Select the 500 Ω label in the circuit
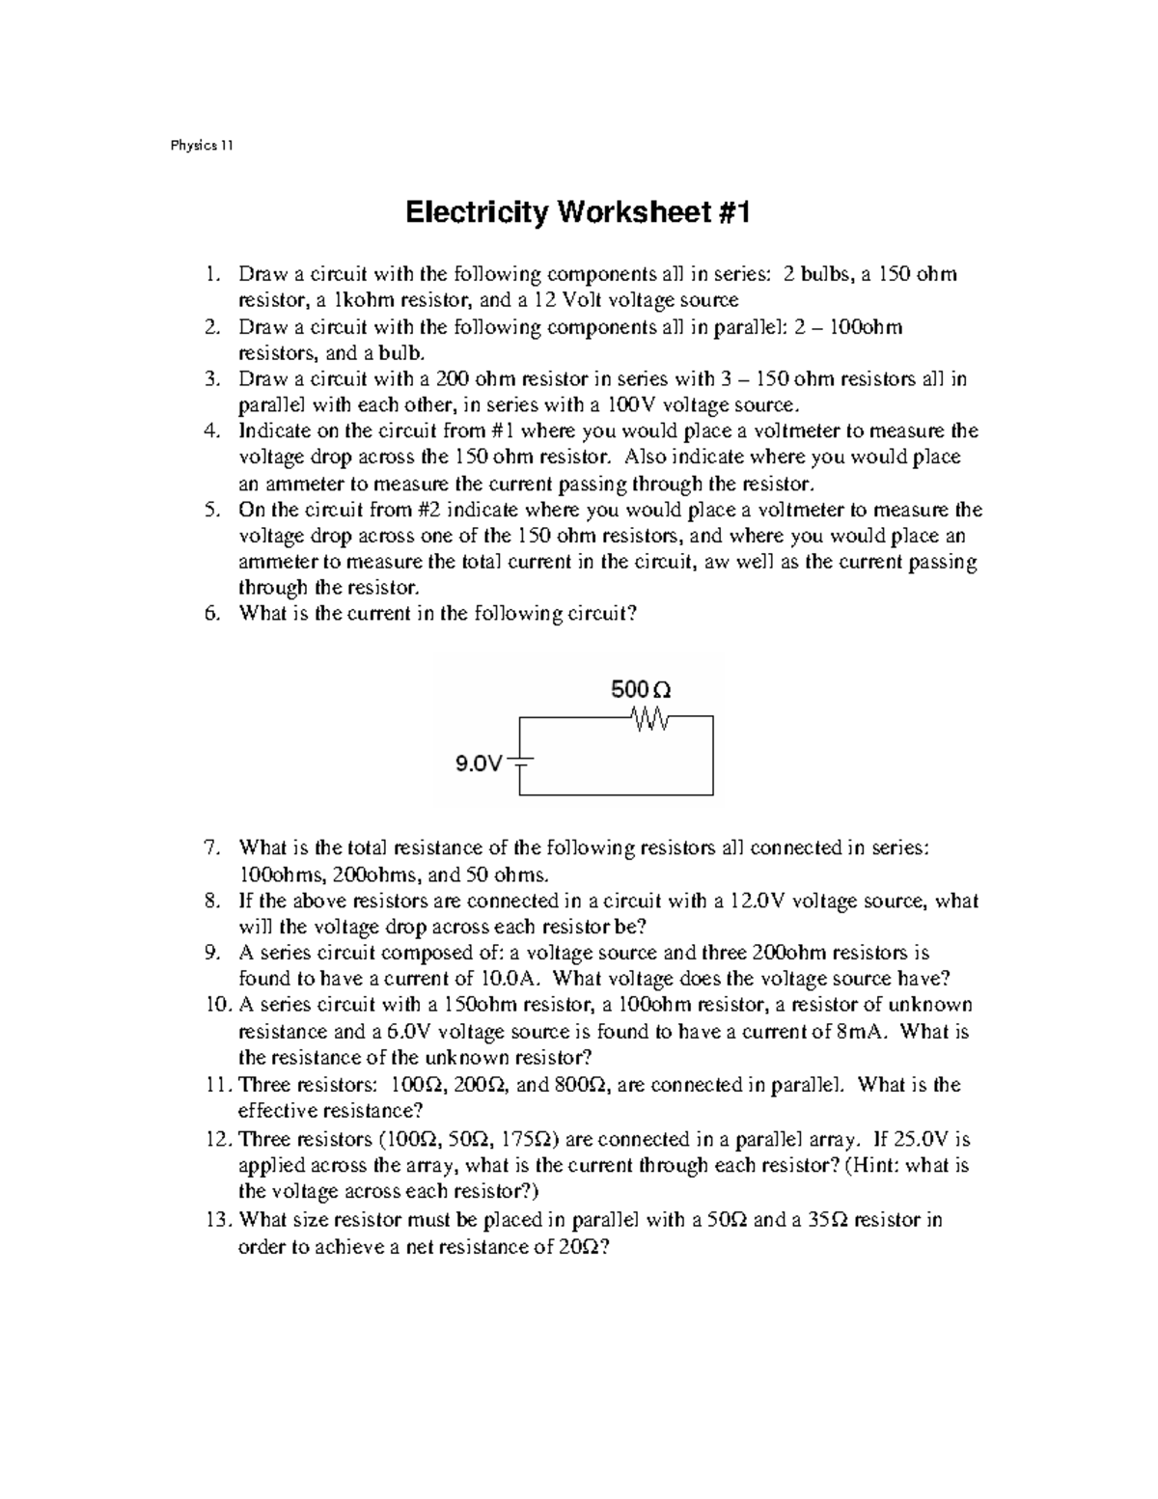click(641, 690)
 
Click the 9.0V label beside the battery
click(480, 764)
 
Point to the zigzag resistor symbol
click(646, 717)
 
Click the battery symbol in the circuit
click(520, 759)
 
